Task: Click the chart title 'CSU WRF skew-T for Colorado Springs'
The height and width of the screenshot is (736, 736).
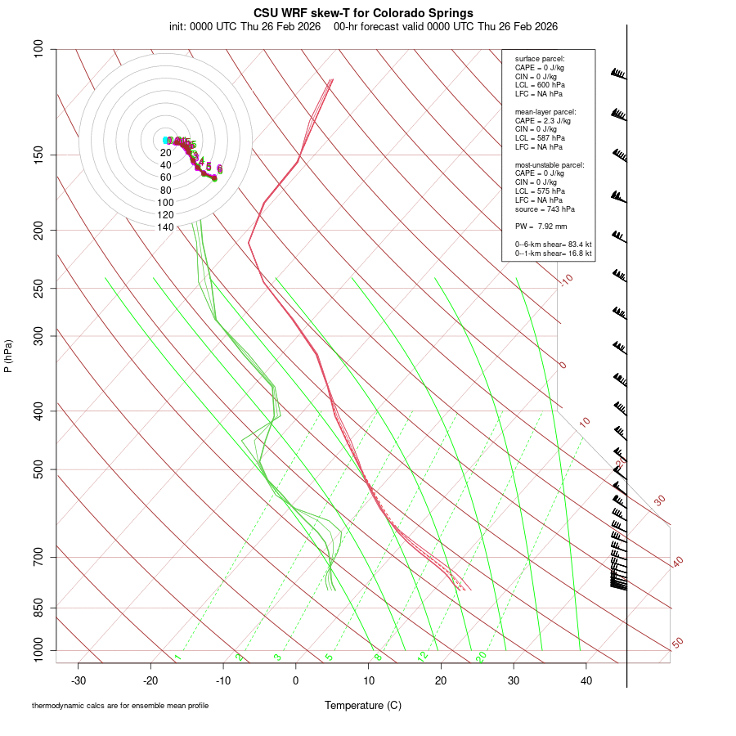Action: tap(363, 13)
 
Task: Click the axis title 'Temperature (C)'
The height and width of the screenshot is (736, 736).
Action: tap(363, 705)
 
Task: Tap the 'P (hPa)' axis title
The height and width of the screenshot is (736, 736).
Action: tap(8, 357)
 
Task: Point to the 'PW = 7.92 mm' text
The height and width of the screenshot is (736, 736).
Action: tap(541, 227)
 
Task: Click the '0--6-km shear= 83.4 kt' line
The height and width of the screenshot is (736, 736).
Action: tap(553, 245)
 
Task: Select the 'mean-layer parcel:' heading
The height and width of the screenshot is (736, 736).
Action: tap(545, 111)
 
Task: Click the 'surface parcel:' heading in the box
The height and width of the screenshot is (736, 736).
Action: tap(540, 59)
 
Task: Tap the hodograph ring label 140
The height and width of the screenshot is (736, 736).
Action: tap(165, 227)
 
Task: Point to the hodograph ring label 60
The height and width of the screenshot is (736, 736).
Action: tap(165, 177)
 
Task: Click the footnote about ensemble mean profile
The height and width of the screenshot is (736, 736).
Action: tap(120, 706)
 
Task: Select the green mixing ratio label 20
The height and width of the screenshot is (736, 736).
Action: tap(481, 656)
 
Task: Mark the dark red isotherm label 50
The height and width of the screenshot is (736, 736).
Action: tap(677, 643)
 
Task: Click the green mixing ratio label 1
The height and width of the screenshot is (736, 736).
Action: tap(177, 657)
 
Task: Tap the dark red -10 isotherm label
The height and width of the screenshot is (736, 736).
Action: tap(566, 280)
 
